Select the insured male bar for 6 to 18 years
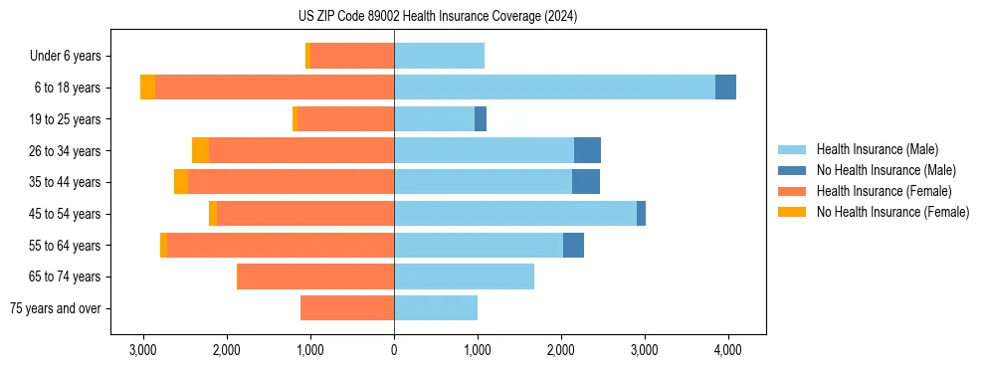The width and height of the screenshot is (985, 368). [554, 88]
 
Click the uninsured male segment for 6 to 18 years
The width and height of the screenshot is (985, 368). [725, 88]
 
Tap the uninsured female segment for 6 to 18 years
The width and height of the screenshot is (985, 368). [147, 88]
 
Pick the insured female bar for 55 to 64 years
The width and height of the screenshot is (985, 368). [281, 246]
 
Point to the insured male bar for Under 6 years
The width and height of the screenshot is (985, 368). [439, 56]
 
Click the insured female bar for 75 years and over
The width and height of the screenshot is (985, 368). [347, 308]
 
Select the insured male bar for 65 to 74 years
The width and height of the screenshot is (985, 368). [464, 276]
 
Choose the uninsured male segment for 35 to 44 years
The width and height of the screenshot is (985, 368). [586, 182]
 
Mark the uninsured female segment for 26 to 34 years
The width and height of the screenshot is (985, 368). [200, 150]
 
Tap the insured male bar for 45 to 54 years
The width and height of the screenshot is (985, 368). [515, 214]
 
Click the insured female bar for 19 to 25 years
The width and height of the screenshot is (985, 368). [346, 119]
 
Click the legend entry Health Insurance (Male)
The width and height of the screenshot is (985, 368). [877, 149]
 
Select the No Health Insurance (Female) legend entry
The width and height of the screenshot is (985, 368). [892, 212]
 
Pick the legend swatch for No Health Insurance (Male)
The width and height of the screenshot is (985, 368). [793, 170]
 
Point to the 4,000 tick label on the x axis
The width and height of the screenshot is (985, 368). [727, 350]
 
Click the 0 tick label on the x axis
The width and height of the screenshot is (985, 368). [394, 350]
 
